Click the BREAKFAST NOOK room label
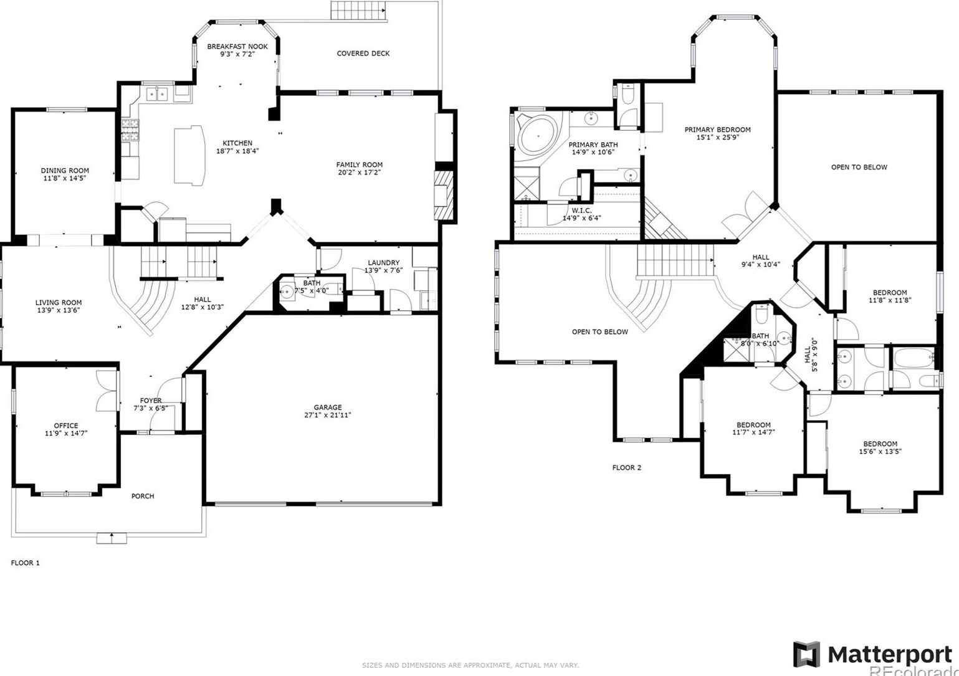237,47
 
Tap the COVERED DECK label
363,54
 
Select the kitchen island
189,155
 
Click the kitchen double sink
157,93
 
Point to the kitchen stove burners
131,130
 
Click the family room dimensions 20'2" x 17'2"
359,173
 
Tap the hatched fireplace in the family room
444,195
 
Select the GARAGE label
328,407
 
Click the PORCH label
143,496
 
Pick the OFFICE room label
66,426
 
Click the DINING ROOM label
65,170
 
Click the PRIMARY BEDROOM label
717,130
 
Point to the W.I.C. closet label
581,211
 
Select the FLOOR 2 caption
627,467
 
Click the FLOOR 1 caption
26,563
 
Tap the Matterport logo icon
806,654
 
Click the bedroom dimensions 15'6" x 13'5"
880,451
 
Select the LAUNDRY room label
384,262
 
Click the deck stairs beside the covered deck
359,10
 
